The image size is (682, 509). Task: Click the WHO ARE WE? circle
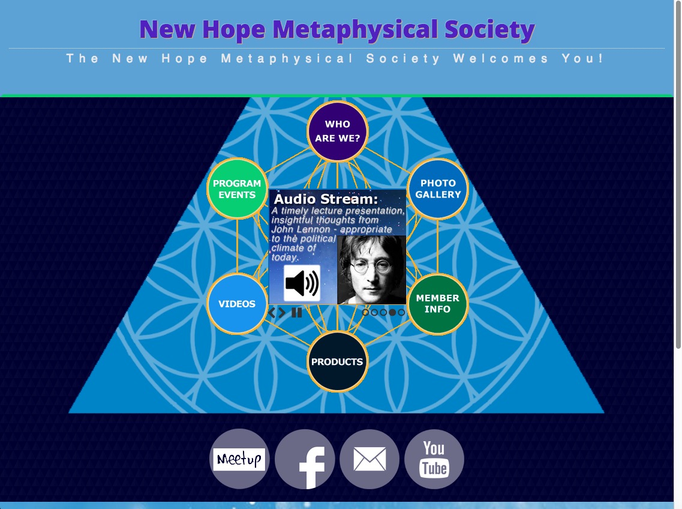coord(337,131)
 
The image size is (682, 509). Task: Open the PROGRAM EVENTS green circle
coord(237,188)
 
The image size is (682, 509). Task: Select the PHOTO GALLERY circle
coord(438,188)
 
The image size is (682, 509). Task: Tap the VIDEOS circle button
coord(237,304)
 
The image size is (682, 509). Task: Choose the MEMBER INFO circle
coord(438,304)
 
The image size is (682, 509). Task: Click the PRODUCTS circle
coord(337,361)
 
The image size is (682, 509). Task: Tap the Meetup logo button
coord(239,459)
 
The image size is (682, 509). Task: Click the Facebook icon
coord(305,459)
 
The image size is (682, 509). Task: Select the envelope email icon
coord(369,459)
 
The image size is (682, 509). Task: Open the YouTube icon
coord(434,459)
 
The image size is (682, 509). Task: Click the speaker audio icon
coord(302,283)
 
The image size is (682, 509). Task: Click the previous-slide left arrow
coord(272,313)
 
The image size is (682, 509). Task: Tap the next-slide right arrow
coord(283,313)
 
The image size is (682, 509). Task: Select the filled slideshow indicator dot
coord(392,312)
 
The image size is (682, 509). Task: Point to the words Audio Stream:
coord(326,199)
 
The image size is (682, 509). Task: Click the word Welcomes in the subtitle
coord(501,59)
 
